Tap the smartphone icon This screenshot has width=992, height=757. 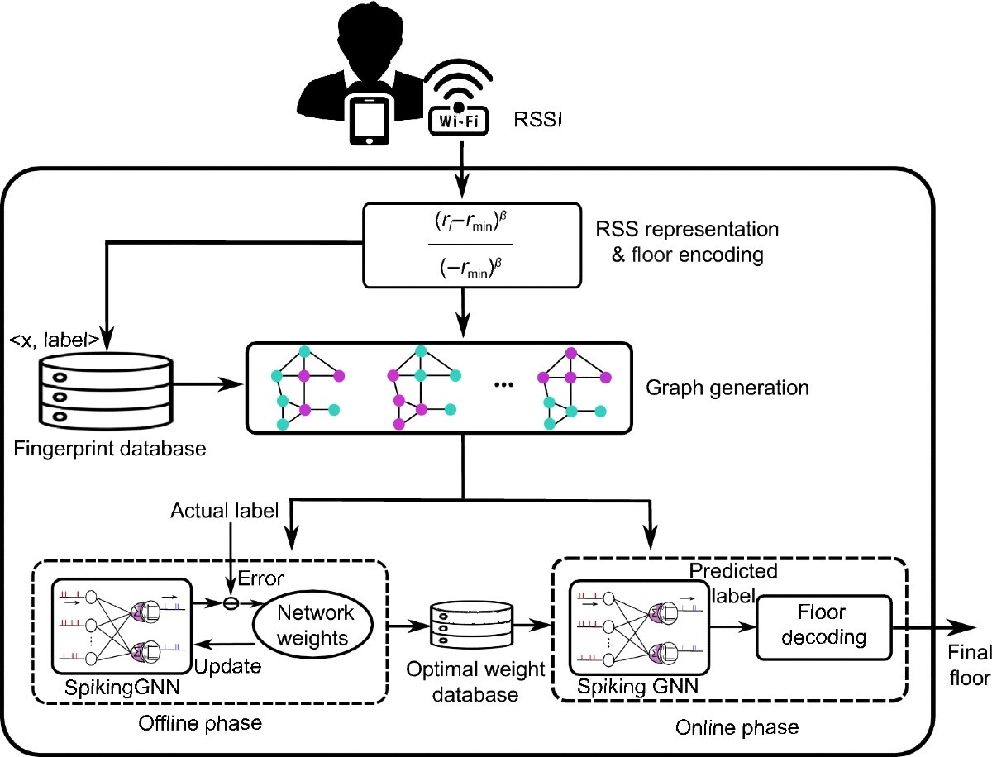point(370,120)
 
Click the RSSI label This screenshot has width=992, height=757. point(537,120)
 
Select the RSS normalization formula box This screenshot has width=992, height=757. point(472,245)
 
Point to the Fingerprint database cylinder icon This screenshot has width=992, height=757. point(106,391)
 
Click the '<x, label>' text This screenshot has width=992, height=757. point(55,340)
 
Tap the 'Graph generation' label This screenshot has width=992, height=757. point(727,388)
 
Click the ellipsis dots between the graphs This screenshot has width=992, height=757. point(503,385)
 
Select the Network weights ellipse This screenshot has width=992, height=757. point(312,625)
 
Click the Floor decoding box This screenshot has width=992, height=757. point(824,627)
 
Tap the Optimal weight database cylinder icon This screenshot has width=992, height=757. point(472,625)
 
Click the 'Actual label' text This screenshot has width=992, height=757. point(224,511)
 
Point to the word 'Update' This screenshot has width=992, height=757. point(228,666)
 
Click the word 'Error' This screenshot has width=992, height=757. point(260,578)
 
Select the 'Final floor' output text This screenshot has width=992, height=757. point(970,665)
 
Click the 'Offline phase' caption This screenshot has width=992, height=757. point(200,724)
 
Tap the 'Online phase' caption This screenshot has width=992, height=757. point(737,727)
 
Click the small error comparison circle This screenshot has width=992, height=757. point(231,603)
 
